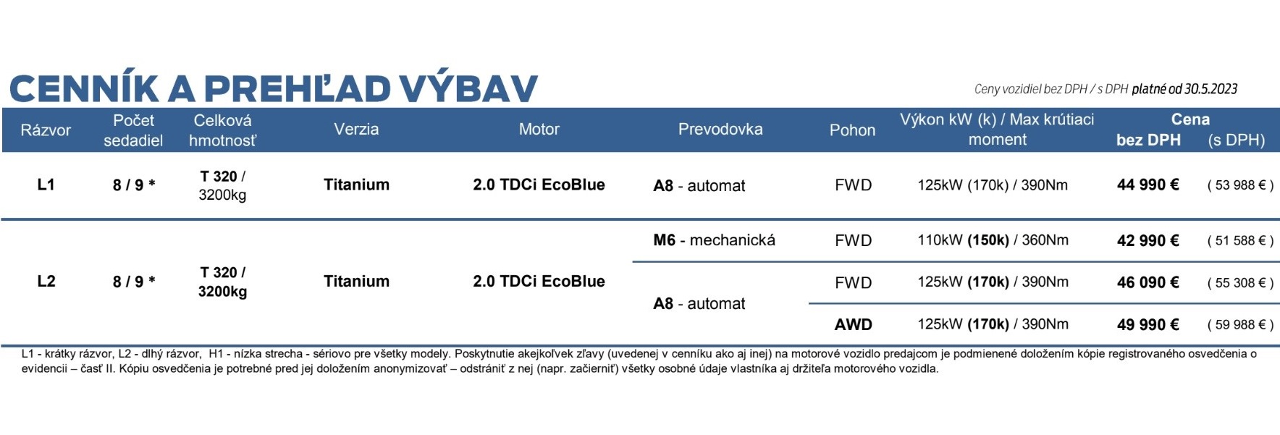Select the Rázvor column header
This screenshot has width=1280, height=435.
(x=46, y=130)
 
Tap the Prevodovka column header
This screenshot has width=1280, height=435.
(x=720, y=130)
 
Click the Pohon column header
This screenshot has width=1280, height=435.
(x=852, y=130)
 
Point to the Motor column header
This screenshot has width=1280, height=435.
(x=539, y=130)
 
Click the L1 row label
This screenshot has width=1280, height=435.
(x=46, y=185)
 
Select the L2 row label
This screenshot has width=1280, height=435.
(x=46, y=281)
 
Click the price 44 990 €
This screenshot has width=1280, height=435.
(x=1148, y=185)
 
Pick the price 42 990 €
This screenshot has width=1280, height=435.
(x=1148, y=240)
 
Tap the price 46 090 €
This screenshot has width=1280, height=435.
(x=1148, y=282)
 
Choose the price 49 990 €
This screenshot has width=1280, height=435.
(x=1148, y=324)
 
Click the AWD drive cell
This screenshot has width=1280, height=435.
(x=854, y=324)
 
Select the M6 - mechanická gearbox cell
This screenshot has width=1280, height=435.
(x=714, y=240)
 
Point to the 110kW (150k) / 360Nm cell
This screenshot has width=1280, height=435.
(x=993, y=240)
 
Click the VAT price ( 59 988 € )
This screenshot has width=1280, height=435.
(x=1240, y=325)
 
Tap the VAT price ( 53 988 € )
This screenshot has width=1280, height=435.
(x=1240, y=185)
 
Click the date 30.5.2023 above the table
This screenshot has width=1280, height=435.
(x=1210, y=89)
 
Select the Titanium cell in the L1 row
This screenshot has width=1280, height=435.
(x=356, y=185)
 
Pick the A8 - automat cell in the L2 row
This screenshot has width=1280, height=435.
(x=699, y=304)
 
